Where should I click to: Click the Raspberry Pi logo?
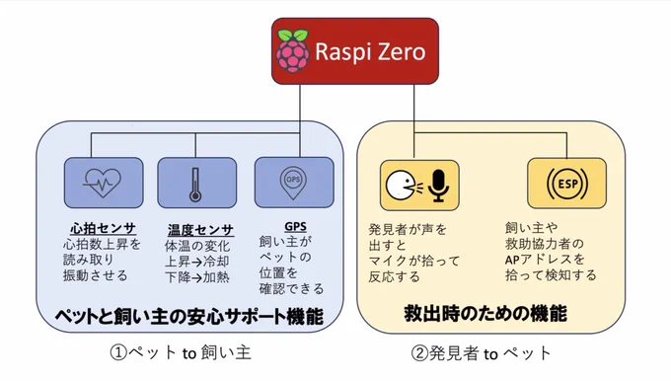pos(293,50)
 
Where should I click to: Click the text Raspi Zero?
pos(370,51)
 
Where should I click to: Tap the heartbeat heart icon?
pos(103,183)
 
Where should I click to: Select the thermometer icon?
pos(195,185)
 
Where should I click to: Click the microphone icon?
pos(438,186)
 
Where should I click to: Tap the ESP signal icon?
pos(567,184)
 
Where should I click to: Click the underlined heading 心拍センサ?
pos(103,228)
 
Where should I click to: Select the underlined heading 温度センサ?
pos(200,230)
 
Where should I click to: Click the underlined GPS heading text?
pos(295,226)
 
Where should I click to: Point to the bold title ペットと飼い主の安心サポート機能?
pos(189,317)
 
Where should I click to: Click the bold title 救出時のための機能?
pos(485,313)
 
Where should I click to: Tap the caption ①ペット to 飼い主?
pos(181,352)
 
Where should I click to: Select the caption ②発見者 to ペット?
pos(481,353)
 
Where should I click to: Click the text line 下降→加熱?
pos(197,277)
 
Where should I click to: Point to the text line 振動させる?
pos(96,274)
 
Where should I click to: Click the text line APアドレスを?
pos(545,260)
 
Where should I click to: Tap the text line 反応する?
pos(394,276)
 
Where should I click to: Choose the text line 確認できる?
pos(291,288)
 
